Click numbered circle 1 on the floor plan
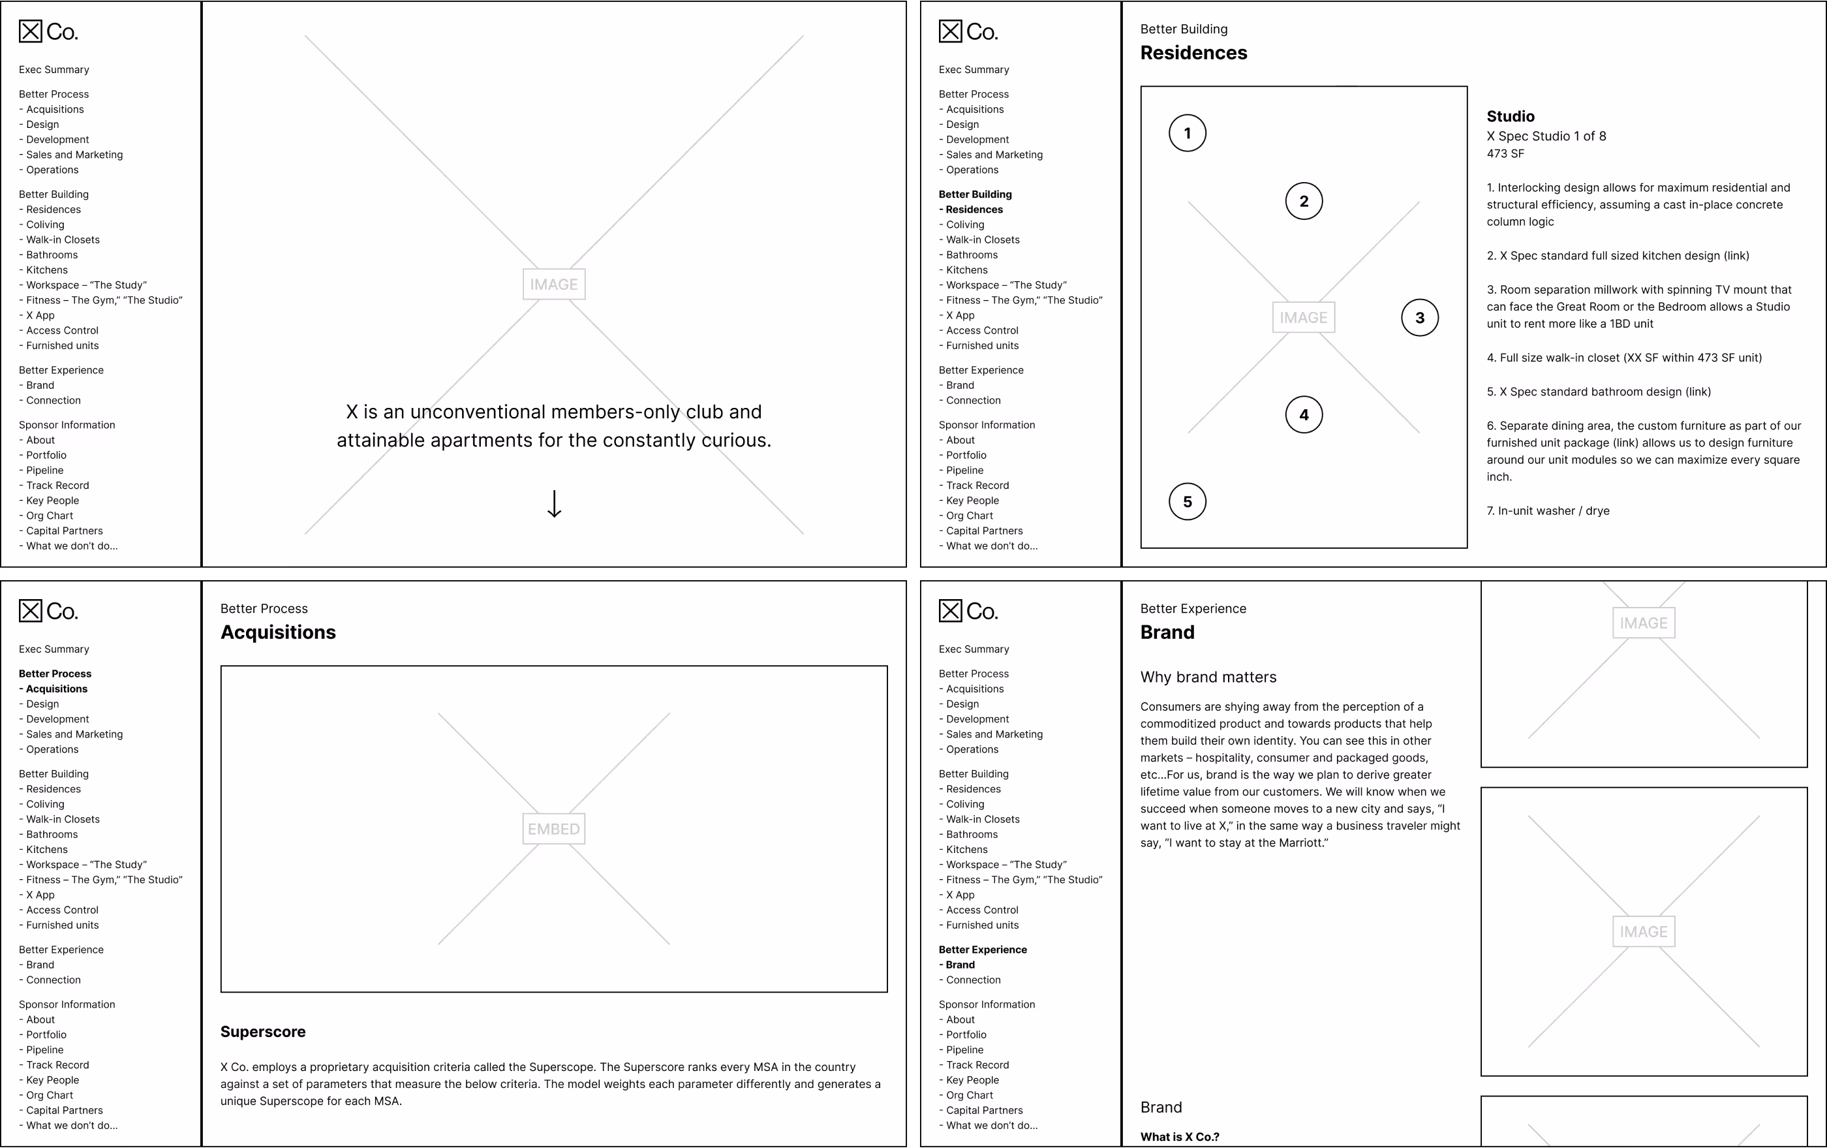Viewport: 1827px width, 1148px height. click(1188, 134)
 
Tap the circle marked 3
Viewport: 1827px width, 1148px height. click(1420, 318)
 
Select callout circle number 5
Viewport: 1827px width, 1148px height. click(1188, 501)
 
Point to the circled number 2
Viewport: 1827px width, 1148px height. click(1304, 201)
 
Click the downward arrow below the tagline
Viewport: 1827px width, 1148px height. click(554, 504)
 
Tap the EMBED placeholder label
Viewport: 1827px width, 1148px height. click(554, 829)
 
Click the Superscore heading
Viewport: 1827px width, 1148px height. click(262, 1032)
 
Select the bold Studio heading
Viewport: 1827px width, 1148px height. click(1510, 116)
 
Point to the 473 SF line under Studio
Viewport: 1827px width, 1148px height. click(1505, 153)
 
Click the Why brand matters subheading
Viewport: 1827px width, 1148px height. click(1208, 677)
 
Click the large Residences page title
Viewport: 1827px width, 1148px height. click(1193, 52)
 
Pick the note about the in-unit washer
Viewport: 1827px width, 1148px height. click(1548, 510)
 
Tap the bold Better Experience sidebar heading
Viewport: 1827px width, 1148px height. click(983, 950)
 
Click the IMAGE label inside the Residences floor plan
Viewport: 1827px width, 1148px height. click(1303, 318)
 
